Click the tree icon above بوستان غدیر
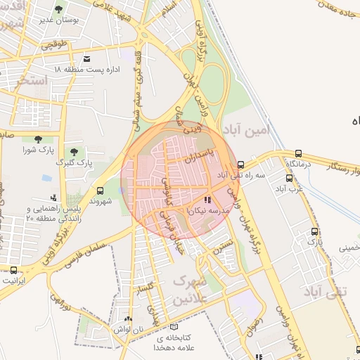[x=58, y=9]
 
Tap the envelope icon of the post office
[x=86, y=58]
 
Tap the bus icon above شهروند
[x=100, y=190]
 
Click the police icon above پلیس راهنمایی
[x=53, y=198]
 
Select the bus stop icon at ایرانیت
[x=14, y=270]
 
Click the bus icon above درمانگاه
[x=300, y=153]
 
